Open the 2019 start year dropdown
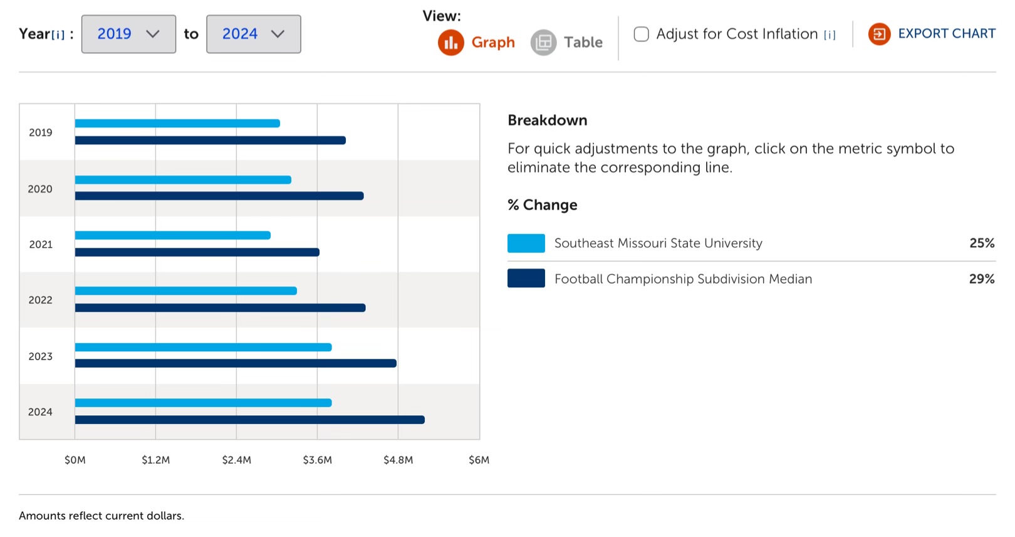(128, 34)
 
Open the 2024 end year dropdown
(253, 34)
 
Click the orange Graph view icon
(450, 43)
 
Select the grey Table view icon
(543, 43)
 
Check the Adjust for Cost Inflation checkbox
(641, 34)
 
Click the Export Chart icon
(879, 34)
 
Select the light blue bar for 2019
(177, 124)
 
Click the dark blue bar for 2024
(249, 420)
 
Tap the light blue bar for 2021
(172, 235)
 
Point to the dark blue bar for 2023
(236, 363)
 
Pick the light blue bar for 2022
(185, 291)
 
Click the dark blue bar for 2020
(219, 196)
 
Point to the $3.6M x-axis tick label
(317, 460)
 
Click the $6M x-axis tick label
(479, 460)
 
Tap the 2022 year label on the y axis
(41, 300)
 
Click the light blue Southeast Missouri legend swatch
(526, 243)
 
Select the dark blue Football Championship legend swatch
(526, 279)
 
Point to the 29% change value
(981, 279)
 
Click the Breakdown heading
(547, 120)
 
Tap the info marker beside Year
(58, 35)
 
